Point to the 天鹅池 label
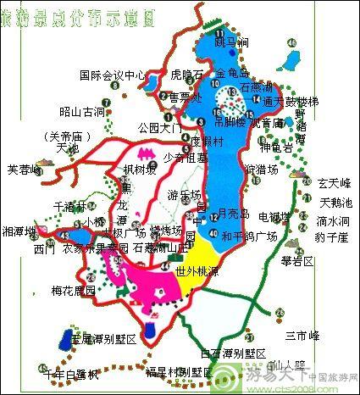point(335,202)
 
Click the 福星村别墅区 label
point(178,371)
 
